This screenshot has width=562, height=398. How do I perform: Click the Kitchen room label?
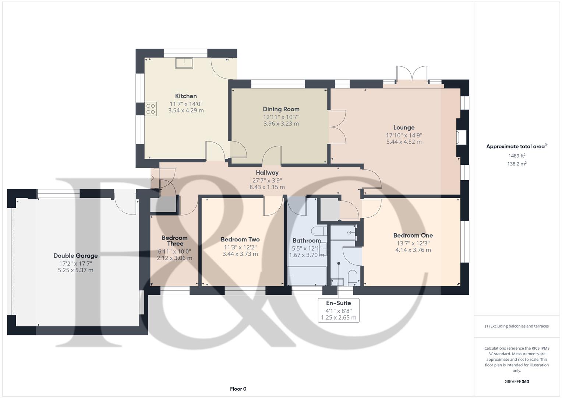[x=186, y=96]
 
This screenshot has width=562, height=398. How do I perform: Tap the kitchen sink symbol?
[x=184, y=63]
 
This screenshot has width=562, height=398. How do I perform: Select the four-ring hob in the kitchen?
[x=151, y=109]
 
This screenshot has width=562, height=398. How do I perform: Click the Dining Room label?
[x=281, y=109]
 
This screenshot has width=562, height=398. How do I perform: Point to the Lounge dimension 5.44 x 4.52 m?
[x=404, y=142]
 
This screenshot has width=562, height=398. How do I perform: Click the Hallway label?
[x=267, y=172]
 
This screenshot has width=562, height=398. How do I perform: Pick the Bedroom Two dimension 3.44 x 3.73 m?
[x=240, y=254]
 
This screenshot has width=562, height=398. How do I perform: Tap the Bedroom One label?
[x=413, y=235]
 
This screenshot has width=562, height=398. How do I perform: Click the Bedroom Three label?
[x=174, y=241]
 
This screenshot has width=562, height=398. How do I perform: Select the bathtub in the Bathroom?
[x=307, y=276]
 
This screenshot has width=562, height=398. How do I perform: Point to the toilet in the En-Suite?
[x=352, y=278]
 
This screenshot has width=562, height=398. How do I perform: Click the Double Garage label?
[x=75, y=256]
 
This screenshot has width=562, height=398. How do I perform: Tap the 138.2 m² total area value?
[x=516, y=164]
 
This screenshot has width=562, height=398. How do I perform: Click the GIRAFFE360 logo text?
[x=516, y=382]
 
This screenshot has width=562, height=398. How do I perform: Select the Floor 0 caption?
[x=238, y=389]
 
